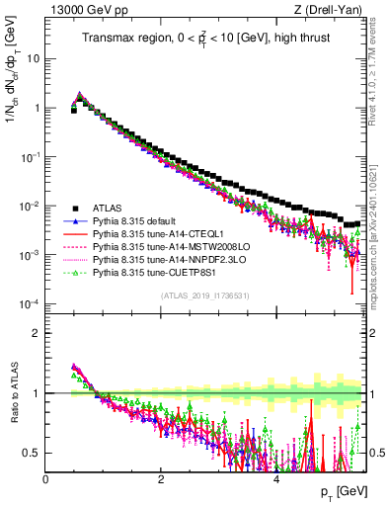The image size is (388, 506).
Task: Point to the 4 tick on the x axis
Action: click(x=277, y=478)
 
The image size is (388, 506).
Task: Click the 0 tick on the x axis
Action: click(x=46, y=478)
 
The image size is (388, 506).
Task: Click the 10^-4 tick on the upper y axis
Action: click(x=30, y=304)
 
